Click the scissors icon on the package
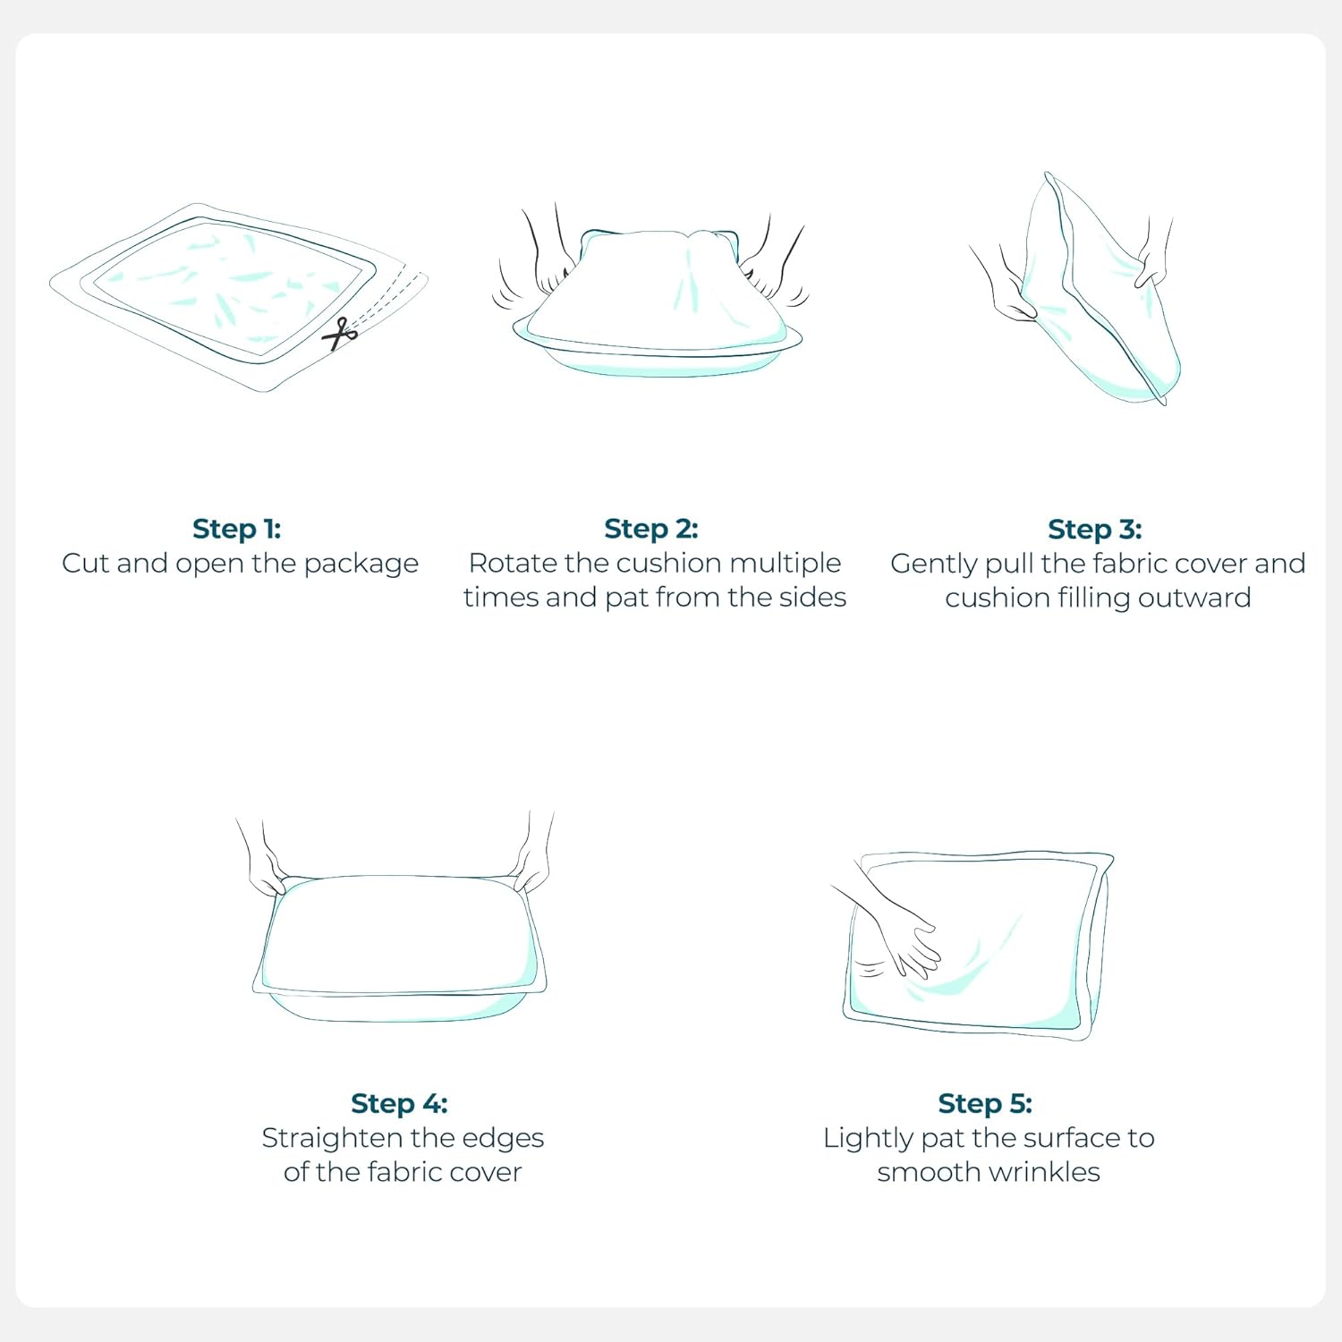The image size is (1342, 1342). point(340,334)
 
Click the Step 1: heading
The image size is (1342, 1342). point(237,529)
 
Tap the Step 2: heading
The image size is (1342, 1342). point(651,529)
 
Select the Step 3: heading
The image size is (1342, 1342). point(1095,530)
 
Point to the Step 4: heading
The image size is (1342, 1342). point(399,1103)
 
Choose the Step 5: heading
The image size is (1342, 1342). point(985,1103)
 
